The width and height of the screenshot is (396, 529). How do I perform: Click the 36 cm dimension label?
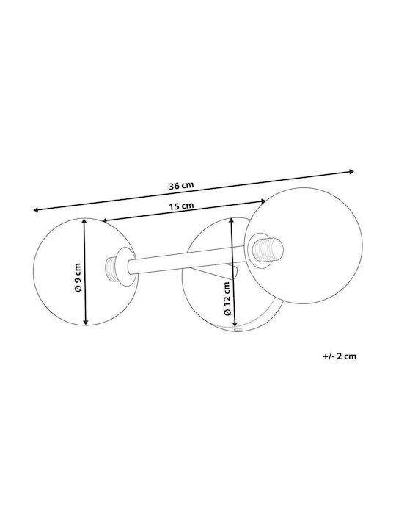(x=182, y=185)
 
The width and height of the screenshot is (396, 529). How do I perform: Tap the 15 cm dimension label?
(x=182, y=206)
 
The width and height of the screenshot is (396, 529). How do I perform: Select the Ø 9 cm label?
(x=78, y=277)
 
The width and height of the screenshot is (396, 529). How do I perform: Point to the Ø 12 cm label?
(x=227, y=298)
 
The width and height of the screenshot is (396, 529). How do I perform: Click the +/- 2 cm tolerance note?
(x=339, y=356)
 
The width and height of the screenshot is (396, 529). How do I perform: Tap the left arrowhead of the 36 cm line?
(x=35, y=210)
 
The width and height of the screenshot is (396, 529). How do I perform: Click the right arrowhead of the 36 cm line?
(x=351, y=171)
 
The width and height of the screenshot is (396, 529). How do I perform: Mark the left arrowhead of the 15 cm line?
(x=104, y=220)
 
